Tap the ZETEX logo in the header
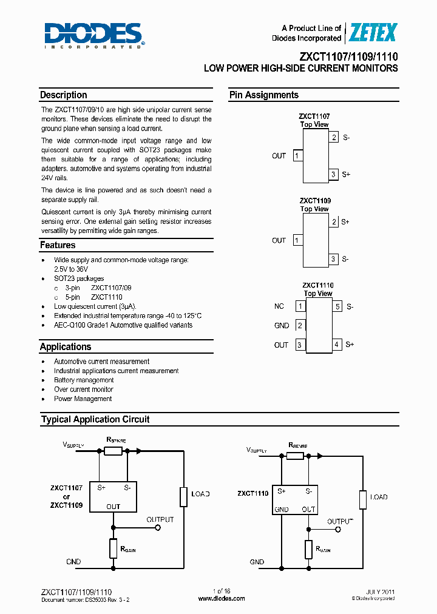coord(371,33)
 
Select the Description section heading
coord(64,95)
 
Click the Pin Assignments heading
coord(263,95)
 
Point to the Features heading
coord(58,245)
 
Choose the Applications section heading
coord(66,347)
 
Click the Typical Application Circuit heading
coord(95,419)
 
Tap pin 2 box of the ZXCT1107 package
coord(334,137)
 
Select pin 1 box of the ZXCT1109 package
coord(297,240)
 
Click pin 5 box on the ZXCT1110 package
coord(337,306)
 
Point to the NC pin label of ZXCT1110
coord(279,306)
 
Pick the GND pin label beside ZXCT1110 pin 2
coord(282,326)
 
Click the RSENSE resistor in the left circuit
coord(113,451)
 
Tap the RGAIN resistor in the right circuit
coord(308,550)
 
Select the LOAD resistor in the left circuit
coord(183,496)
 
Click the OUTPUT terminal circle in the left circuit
coord(158,528)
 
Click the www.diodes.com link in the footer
coord(222,598)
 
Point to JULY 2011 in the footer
coord(382,592)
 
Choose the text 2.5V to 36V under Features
coord(71,269)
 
